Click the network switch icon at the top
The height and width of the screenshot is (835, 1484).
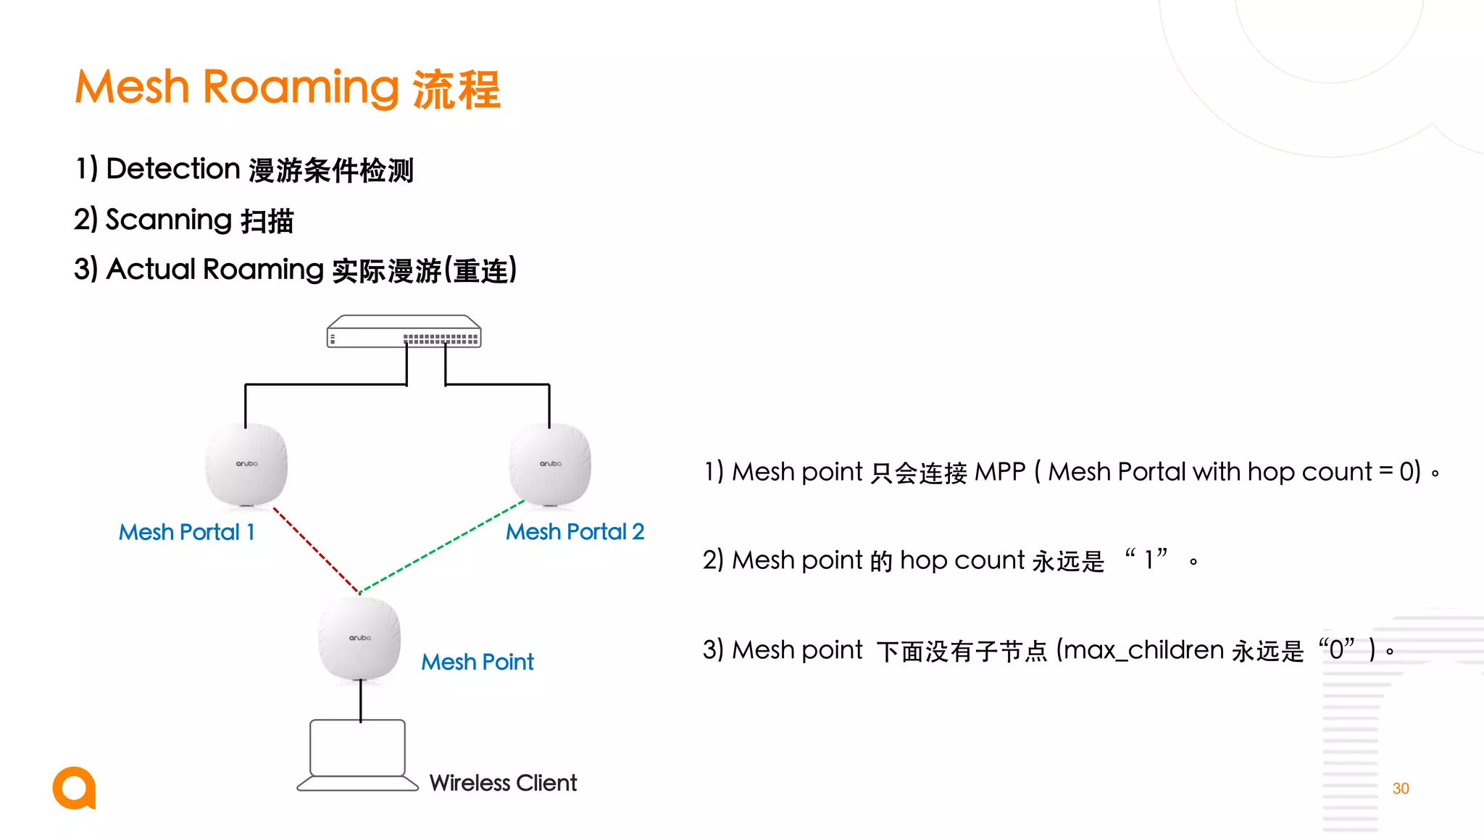coord(404,332)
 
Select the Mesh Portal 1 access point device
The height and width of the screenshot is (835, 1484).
coord(246,464)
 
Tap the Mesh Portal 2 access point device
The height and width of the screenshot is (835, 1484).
coord(550,464)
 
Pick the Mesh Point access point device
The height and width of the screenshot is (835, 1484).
coord(359,639)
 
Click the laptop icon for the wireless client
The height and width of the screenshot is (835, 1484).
coord(358,754)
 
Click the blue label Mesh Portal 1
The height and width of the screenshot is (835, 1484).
coord(187,532)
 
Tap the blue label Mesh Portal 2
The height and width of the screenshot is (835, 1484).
coord(575,531)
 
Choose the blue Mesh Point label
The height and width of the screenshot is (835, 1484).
coord(478,662)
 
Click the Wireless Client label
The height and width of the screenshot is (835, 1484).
coord(503,783)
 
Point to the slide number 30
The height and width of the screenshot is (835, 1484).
coord(1401,789)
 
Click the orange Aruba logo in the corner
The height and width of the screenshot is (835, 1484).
coord(74,788)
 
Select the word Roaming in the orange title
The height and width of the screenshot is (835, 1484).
coord(301,88)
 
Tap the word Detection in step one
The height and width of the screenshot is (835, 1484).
coord(173,169)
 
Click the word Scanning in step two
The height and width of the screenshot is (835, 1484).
coord(169,220)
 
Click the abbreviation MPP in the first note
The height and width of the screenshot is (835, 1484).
coord(1000,472)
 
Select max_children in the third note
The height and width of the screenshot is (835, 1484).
coord(1144,650)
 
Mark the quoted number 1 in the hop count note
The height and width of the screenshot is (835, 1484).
coord(1149,560)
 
